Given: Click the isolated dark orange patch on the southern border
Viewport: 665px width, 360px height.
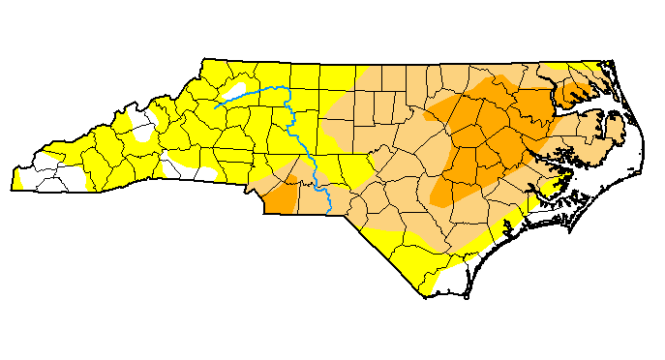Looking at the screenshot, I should tap(281, 200).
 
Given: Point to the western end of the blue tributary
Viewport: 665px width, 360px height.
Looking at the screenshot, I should tap(216, 106).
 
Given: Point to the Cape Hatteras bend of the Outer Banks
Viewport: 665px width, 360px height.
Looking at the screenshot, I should tap(640, 165).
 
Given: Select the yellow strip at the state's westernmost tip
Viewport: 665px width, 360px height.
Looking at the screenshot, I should tap(19, 180).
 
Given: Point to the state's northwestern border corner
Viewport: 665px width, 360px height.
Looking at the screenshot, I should tap(206, 60).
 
